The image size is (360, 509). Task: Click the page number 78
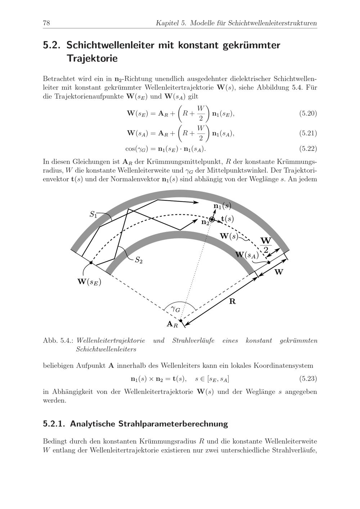[x=46, y=23]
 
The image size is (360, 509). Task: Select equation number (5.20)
[x=308, y=114]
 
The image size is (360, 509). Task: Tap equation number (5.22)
[x=308, y=148]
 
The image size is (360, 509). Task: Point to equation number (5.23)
[x=308, y=379]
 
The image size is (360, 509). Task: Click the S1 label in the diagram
[x=93, y=215]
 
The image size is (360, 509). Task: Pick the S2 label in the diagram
[x=139, y=260]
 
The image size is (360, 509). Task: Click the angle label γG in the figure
[x=175, y=309]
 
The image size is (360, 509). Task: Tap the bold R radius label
[x=233, y=301]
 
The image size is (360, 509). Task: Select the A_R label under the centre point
[x=172, y=324]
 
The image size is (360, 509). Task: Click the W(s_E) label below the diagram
[x=89, y=282]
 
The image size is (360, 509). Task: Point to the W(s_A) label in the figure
[x=247, y=255]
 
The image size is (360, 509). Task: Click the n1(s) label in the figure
[x=222, y=206]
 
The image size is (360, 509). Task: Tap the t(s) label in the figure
[x=227, y=219]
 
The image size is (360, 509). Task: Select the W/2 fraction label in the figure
[x=266, y=245]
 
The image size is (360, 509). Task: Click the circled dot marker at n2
[x=212, y=219]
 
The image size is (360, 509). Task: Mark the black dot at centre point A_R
[x=181, y=321]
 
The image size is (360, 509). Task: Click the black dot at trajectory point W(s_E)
[x=91, y=263]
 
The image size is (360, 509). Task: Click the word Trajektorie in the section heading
[x=92, y=58]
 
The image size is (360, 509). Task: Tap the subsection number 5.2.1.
[x=54, y=424]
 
